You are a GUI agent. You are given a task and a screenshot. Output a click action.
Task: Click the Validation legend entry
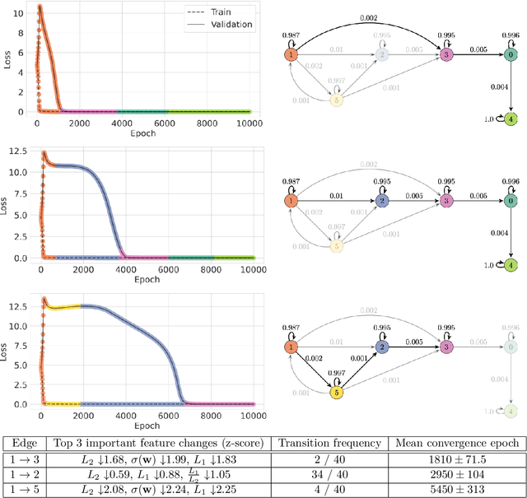click(223, 25)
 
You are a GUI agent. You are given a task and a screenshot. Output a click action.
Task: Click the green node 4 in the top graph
click(511, 119)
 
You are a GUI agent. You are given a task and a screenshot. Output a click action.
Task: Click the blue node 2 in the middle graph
click(382, 200)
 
